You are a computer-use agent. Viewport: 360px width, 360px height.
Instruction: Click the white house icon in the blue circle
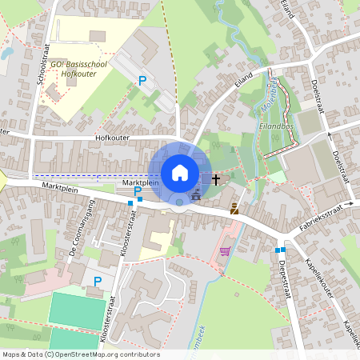click(x=179, y=172)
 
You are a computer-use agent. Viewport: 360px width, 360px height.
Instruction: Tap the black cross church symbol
click(x=215, y=178)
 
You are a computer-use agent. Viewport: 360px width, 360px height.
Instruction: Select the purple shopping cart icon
click(x=226, y=250)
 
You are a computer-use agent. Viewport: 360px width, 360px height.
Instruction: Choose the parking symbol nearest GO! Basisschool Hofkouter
click(x=142, y=80)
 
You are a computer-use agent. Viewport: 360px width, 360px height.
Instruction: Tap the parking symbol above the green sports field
click(x=98, y=281)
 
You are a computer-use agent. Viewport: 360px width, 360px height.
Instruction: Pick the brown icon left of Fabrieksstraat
click(x=234, y=209)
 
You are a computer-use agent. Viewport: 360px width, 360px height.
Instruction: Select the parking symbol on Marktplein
click(x=138, y=191)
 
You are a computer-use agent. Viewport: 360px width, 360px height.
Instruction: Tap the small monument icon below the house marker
click(x=197, y=194)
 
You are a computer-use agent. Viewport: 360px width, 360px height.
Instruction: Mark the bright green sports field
click(x=78, y=308)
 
